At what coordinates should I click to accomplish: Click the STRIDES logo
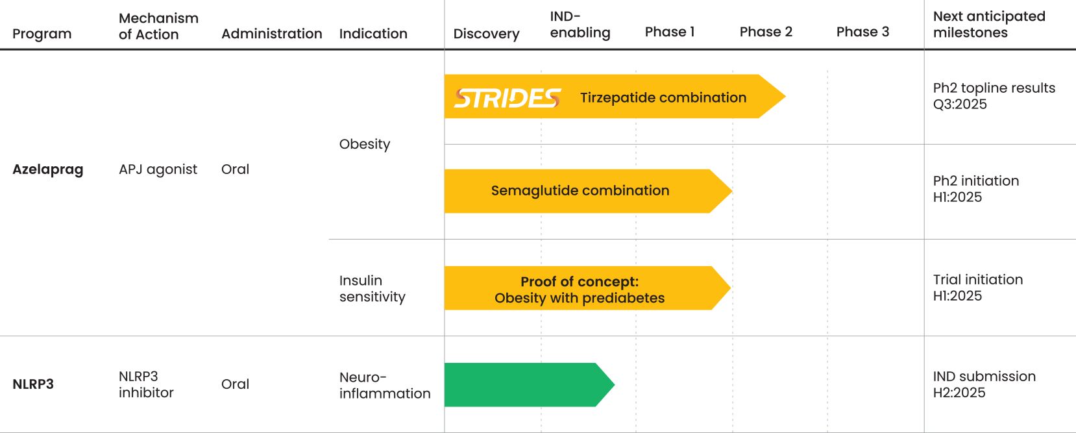507,97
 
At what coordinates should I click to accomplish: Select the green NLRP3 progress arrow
526,384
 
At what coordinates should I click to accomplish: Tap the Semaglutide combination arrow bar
580,191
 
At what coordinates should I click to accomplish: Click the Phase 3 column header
862,32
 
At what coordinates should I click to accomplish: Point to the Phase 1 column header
669,32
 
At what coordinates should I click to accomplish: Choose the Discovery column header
486,34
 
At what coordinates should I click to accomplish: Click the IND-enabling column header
580,25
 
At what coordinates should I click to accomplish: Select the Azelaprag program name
48,169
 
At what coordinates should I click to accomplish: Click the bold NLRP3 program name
33,384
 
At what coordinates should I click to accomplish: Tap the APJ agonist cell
158,169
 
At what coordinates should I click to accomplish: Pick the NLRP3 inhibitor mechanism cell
146,384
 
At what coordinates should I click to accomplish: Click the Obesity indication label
365,144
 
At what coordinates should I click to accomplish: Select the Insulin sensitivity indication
372,288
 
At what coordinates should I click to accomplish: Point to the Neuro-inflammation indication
384,385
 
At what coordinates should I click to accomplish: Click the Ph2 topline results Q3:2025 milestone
994,96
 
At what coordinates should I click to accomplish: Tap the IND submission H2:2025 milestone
984,384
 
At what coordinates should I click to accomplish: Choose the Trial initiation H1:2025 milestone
977,288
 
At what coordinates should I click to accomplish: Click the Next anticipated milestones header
988,25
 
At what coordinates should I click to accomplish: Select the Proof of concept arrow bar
580,289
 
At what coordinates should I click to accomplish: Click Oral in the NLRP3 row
235,384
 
